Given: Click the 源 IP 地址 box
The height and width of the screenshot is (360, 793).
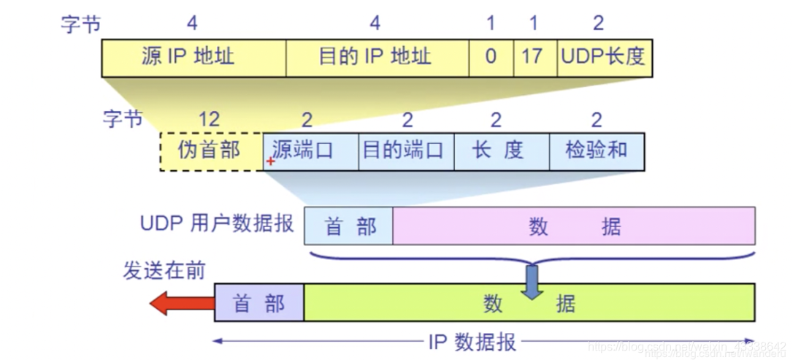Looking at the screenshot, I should [x=193, y=57].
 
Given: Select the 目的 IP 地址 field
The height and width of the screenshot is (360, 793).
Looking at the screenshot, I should [x=377, y=57].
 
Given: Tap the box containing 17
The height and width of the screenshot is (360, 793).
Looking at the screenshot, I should [x=532, y=57].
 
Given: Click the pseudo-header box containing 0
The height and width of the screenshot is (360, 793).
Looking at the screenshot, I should [x=491, y=57].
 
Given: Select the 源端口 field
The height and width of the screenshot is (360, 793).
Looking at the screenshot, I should [x=310, y=151].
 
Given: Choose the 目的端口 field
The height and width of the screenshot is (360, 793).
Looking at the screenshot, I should [x=405, y=151].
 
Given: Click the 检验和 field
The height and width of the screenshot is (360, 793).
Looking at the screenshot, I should [x=596, y=151].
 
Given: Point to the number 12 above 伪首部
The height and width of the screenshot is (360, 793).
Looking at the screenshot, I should [x=209, y=118].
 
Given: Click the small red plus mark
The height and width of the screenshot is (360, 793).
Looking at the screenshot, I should [x=270, y=161].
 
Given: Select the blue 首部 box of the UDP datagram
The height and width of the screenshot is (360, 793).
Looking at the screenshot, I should [x=348, y=226].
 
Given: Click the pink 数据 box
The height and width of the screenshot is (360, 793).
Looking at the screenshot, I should [x=573, y=226].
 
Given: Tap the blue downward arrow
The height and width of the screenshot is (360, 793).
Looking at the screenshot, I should [x=532, y=282].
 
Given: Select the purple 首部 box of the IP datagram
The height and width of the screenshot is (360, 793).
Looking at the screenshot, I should [x=258, y=303].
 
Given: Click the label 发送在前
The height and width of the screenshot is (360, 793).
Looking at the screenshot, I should [x=164, y=270].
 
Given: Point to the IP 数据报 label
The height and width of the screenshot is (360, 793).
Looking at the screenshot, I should [x=472, y=342].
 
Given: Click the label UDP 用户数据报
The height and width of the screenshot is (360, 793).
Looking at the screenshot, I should [x=216, y=223].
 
